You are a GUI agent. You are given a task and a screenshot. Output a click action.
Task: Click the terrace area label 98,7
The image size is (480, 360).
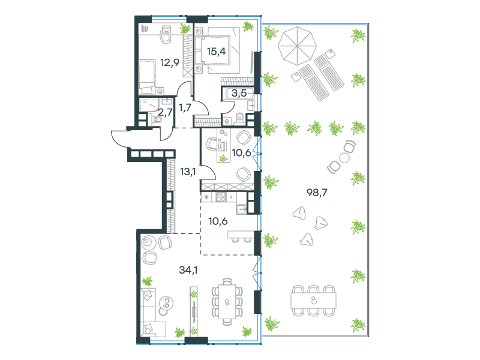coord(317,193)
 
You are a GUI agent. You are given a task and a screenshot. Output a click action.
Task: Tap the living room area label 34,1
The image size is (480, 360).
coord(188,270)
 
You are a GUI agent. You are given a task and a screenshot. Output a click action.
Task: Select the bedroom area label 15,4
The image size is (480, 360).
coord(216,52)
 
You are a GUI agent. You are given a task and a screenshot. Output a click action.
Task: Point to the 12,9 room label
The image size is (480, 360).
coord(170,63)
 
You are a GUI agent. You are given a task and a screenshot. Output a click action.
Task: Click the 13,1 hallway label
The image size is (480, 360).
coord(188,172)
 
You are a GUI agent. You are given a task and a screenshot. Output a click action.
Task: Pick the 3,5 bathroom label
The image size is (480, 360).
coord(239,93)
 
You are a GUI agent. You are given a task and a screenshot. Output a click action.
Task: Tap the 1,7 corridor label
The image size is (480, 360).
coord(185,107)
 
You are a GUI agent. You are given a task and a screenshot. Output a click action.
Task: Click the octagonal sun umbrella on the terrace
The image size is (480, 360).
coord(297,46)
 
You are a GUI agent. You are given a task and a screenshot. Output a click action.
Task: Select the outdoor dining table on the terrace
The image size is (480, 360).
coord(313,301)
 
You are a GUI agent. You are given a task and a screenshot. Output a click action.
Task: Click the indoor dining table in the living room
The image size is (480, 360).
coord(227,302)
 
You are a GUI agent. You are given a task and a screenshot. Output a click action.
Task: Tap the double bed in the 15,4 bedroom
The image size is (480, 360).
coord(217,50)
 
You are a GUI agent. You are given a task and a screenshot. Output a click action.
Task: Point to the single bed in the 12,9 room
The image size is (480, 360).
coord(146,77)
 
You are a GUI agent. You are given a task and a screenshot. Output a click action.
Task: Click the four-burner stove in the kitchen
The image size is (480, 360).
coord(221,197)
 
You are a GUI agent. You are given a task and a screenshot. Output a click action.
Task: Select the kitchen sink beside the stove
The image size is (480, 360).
coord(241,208)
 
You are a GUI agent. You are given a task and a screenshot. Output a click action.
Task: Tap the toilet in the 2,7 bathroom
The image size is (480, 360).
coord(156,119)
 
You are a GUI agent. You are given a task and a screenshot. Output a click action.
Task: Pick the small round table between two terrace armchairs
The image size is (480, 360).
coord(344,158)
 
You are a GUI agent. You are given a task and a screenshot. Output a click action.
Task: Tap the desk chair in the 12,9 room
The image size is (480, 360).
coord(166,38)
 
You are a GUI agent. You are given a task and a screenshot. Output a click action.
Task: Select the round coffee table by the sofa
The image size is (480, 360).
coord(166,305)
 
